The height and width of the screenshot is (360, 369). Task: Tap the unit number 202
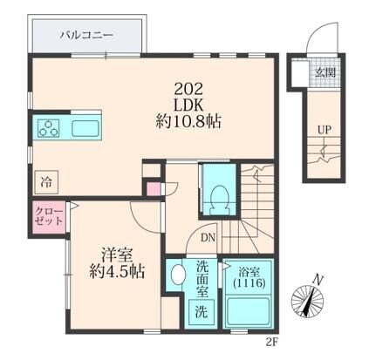point(191,87)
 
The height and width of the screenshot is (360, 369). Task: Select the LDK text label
point(191,105)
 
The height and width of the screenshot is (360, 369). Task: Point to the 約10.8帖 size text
point(191,122)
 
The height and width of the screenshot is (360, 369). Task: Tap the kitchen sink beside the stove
point(85,130)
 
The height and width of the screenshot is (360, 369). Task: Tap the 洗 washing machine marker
point(202,311)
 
